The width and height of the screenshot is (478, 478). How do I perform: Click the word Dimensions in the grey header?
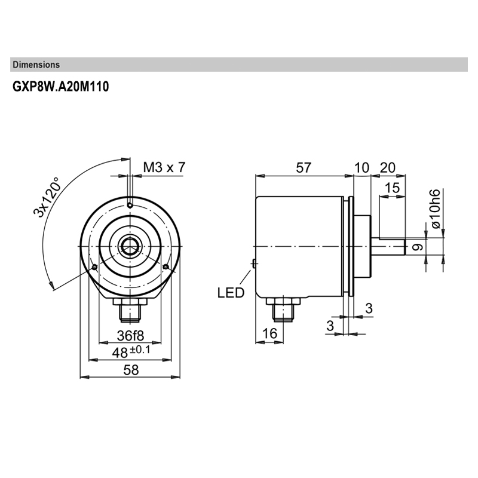36,65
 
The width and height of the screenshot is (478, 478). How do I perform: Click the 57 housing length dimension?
304,168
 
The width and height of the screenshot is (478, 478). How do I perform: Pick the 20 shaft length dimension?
388,168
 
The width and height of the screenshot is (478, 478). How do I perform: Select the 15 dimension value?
392,188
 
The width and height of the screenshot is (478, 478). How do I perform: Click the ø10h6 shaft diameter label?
435,208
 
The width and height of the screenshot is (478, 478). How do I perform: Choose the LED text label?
231,293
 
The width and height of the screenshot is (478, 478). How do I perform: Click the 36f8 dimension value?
130,334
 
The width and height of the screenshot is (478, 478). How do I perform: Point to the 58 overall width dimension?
130,370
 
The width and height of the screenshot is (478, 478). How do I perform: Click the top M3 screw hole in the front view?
130,206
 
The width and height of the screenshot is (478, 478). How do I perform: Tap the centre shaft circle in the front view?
130,246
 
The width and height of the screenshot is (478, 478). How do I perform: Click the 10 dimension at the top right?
361,168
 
